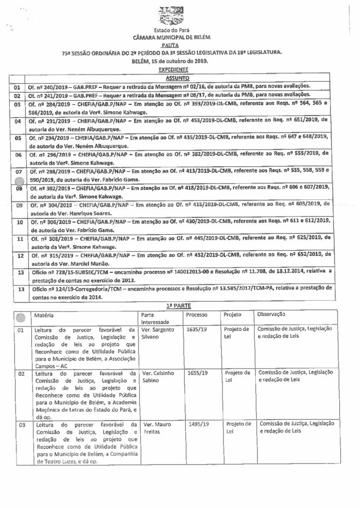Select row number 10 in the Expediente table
point(17,222)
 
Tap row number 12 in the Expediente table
point(17,256)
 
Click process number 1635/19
point(198,329)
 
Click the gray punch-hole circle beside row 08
point(19,182)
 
